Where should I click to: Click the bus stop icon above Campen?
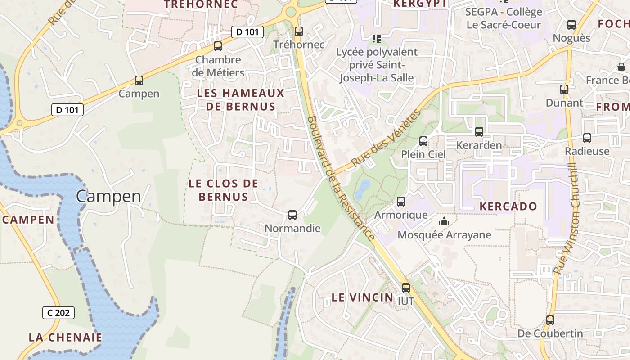pos(139,81)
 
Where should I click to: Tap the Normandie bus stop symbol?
pos(292,215)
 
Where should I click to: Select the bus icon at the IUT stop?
pos(406,288)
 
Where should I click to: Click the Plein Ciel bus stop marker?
pos(423,141)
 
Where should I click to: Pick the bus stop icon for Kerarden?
pos(479,132)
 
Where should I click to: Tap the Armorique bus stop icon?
pos(401,202)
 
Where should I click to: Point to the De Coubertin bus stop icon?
pos(550,320)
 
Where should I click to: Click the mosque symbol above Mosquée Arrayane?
pos(444,221)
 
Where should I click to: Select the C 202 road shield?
pos(58,312)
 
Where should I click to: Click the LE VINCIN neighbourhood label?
pos(362,297)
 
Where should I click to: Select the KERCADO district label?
pos(508,207)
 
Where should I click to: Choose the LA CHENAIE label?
pos(66,337)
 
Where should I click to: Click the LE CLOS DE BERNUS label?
pos(224,190)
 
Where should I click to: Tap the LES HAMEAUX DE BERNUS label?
pos(241,100)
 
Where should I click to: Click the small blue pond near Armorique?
pos(363,189)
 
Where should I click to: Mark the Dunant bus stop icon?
pos(564,90)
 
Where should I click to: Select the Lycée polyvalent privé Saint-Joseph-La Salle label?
pos(377,65)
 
